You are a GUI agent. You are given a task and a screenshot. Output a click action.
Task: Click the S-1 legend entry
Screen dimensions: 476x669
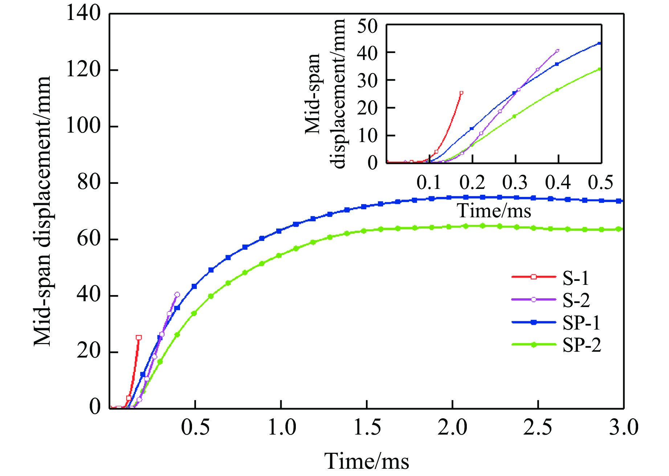[x=576, y=278]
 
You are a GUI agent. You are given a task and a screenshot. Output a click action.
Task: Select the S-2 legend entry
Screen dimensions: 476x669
[x=576, y=300]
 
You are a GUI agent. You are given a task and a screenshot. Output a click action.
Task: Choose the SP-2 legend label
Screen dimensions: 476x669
[x=582, y=345]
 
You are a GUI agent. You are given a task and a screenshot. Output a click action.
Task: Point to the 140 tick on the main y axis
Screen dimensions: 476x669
[x=83, y=14]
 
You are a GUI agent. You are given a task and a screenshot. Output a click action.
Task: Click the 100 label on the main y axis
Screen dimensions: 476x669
[x=83, y=126]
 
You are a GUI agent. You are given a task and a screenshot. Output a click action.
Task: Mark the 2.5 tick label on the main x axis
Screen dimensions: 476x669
[x=538, y=427]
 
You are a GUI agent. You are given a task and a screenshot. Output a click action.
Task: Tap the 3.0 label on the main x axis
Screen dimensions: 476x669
[x=623, y=427]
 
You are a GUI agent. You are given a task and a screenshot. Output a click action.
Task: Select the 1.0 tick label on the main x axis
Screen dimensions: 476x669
[x=282, y=427]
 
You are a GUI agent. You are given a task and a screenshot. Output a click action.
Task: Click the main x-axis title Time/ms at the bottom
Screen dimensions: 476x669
[x=367, y=461]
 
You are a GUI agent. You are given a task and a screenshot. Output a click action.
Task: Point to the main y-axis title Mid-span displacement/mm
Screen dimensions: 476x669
[x=42, y=211]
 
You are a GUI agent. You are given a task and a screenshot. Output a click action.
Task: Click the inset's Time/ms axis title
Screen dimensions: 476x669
[x=494, y=211]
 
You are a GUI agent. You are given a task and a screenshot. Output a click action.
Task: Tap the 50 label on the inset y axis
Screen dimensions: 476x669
[x=367, y=27]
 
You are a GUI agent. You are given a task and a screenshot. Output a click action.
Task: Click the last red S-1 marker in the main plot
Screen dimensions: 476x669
[x=139, y=338]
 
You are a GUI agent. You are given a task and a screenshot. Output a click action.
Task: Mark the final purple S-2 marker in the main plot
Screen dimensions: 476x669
[x=177, y=295]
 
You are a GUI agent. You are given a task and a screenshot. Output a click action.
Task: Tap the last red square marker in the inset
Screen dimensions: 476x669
[x=461, y=93]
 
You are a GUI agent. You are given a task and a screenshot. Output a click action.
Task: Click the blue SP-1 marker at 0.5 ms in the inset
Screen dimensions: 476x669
[x=599, y=44]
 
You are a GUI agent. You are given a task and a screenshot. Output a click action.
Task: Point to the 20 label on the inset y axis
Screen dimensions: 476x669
[x=367, y=108]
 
